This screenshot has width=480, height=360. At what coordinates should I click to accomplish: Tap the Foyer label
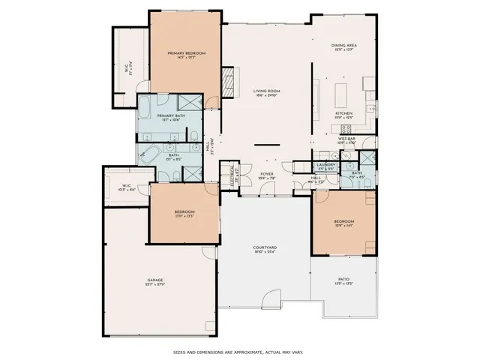coord(267,176)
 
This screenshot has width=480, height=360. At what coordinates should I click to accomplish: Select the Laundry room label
coord(325,166)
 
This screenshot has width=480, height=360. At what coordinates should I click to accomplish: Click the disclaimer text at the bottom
coord(238,351)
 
